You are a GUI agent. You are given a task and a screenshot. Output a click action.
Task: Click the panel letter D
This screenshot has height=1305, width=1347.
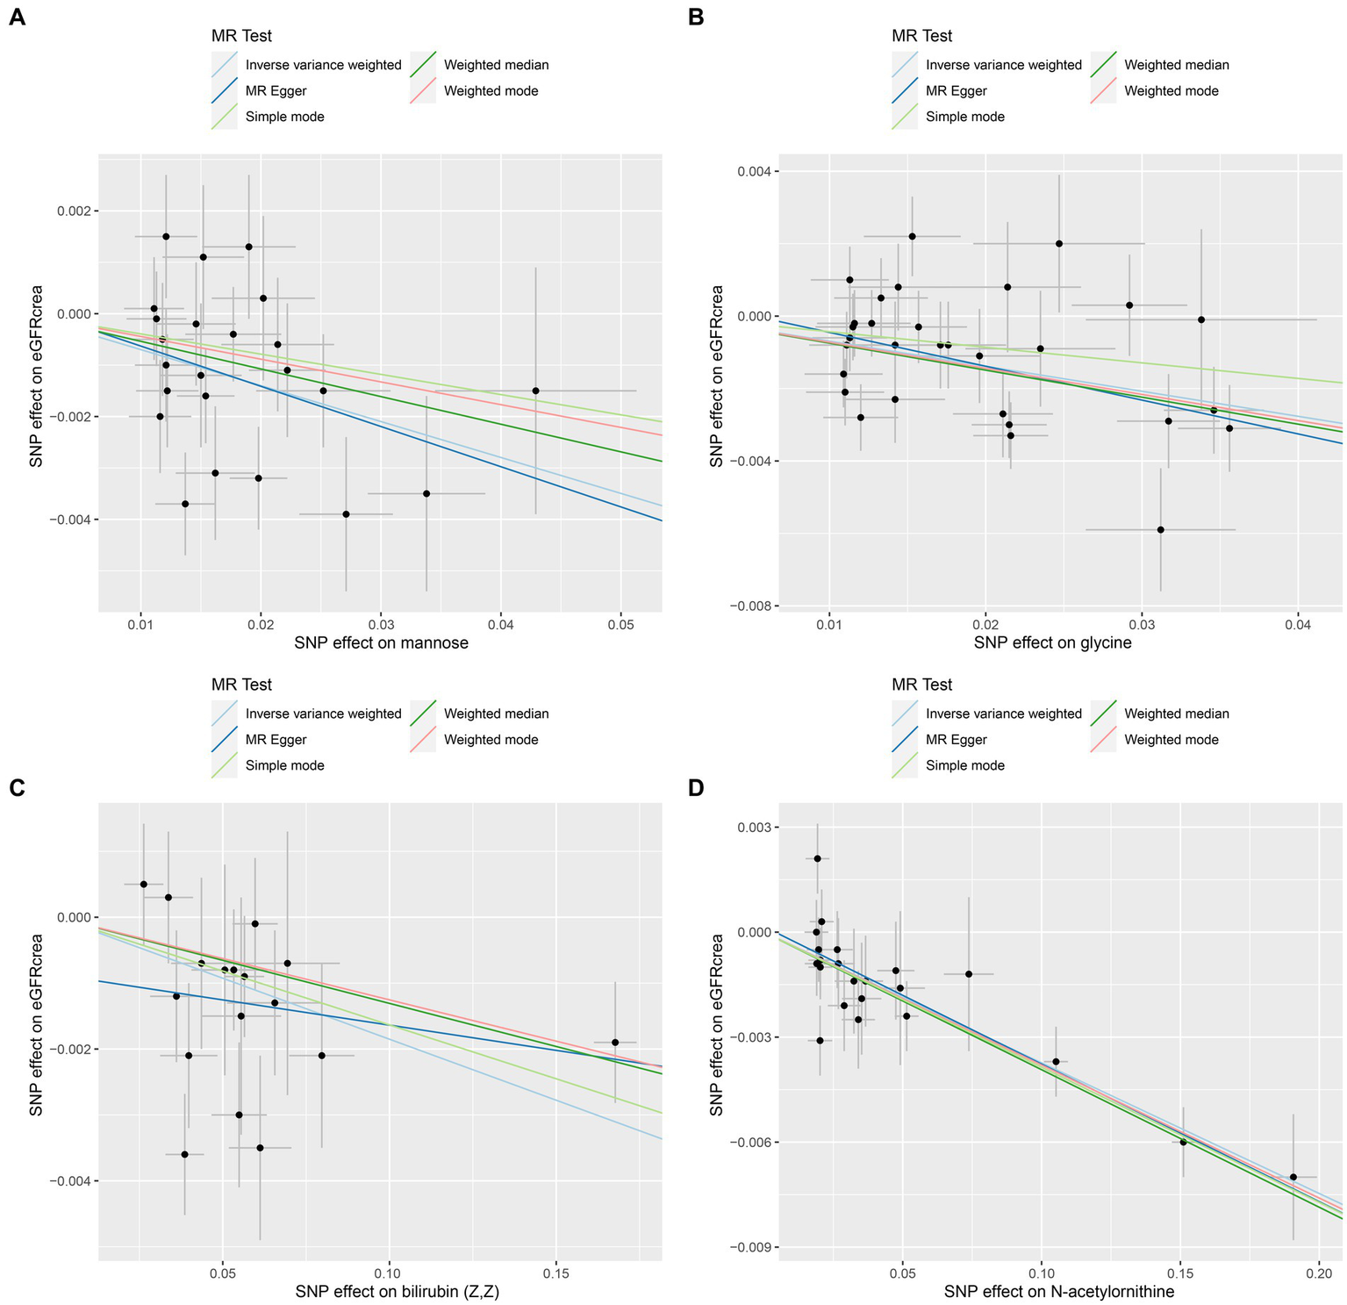coord(697,787)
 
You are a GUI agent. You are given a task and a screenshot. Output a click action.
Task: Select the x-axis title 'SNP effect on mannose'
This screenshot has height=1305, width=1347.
coord(381,642)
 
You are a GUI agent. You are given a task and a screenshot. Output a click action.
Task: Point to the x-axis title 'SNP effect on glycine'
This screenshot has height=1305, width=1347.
coord(1052,642)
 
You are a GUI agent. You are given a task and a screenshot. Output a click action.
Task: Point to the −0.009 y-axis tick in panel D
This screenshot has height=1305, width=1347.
coord(744,1247)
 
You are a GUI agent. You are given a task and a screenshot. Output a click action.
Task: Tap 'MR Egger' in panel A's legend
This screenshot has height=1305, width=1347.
coord(276,90)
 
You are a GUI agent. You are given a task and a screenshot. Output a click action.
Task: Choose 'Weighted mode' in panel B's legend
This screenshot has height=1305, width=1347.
coord(1171,90)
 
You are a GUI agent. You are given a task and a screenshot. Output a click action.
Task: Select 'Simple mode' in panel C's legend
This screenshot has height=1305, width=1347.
coord(284,765)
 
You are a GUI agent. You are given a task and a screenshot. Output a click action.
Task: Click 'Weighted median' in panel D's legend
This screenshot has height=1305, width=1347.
coord(1176,713)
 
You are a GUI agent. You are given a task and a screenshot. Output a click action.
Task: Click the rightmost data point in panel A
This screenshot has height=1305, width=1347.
coord(535,391)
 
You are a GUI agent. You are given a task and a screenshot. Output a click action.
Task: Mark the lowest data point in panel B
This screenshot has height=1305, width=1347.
coord(1160,529)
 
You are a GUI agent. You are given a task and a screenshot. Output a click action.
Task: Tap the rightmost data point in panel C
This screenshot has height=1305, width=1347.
coord(615,1042)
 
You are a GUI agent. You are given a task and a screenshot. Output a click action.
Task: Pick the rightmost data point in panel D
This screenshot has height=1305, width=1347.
coord(1293,1177)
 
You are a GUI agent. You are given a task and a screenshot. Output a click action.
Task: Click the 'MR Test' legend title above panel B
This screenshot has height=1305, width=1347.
coord(921,36)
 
